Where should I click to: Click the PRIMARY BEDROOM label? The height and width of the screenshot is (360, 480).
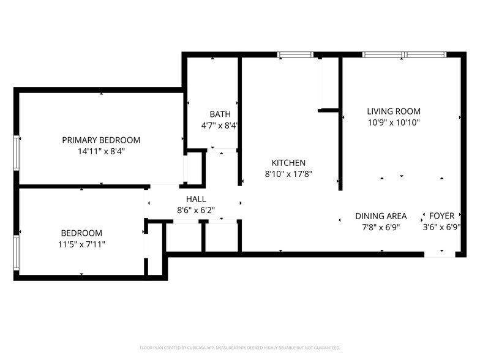101,140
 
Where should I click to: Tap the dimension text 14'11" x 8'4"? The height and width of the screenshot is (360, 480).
101,151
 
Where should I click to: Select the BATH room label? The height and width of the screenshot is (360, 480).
220,114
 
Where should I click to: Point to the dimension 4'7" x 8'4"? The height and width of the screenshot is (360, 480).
220,126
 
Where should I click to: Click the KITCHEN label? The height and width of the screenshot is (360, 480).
288,163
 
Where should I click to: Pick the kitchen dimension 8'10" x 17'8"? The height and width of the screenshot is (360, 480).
288,174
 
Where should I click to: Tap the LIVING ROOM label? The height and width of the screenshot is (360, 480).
394,111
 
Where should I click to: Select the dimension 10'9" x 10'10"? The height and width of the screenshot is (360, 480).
394,122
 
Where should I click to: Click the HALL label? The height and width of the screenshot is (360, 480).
196,199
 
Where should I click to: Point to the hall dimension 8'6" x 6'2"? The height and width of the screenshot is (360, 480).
196,211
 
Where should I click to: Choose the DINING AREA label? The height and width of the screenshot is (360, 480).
381,216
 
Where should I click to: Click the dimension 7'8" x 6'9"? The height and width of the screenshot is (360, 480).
381,227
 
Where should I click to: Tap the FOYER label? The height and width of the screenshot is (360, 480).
441,216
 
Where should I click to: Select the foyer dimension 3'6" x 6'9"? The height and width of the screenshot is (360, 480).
441,227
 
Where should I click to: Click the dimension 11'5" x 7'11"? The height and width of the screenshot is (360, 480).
81,244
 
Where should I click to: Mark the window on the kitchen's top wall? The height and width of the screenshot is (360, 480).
296,55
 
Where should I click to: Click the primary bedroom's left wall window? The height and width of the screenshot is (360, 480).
17,151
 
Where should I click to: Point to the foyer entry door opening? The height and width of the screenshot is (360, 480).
440,254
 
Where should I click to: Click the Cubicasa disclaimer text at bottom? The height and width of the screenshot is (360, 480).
240,347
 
